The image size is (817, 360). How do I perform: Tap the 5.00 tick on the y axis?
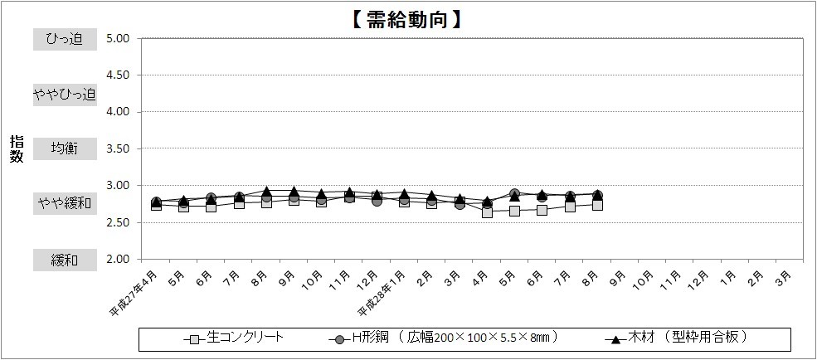(x=117, y=38)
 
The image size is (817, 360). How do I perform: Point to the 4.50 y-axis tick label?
(x=117, y=75)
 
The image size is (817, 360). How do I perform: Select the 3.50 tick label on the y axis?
(x=117, y=148)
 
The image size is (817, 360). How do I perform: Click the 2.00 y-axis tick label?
(x=117, y=259)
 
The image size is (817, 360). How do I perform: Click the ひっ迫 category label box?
(x=65, y=39)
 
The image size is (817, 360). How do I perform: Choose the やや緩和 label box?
(x=65, y=203)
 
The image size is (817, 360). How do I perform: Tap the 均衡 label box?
(x=65, y=148)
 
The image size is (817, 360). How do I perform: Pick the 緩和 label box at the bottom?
(x=65, y=260)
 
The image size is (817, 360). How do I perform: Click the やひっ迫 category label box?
(x=65, y=94)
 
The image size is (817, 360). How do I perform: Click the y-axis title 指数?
(x=17, y=149)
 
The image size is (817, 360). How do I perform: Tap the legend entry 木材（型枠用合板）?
(x=688, y=338)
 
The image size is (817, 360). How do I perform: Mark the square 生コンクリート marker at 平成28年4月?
(x=487, y=212)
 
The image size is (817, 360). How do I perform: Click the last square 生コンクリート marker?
(x=597, y=205)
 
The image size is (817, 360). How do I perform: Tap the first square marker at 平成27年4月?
(x=156, y=205)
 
